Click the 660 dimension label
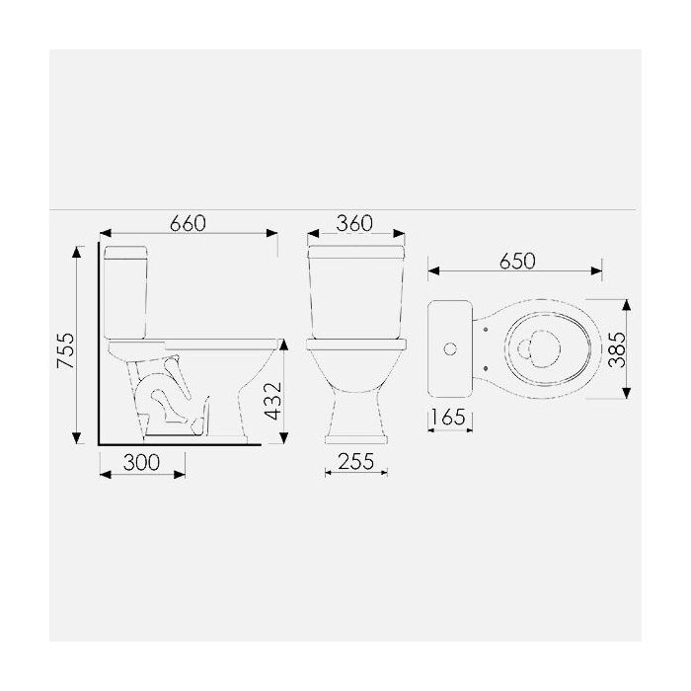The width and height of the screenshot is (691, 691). pos(189,223)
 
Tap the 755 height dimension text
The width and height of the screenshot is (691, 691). pos(66,350)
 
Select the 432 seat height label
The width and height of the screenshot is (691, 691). pos(272,401)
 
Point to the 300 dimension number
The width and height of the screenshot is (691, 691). pos(141,462)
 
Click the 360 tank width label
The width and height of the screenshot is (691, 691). pos(354,223)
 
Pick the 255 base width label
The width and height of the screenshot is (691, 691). pos(356,461)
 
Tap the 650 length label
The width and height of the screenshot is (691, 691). pos(517,261)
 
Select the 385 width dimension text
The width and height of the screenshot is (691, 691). pos(617,349)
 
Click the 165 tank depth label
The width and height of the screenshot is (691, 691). pos(448,417)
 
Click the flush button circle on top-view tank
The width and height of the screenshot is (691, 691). pos(450,349)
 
